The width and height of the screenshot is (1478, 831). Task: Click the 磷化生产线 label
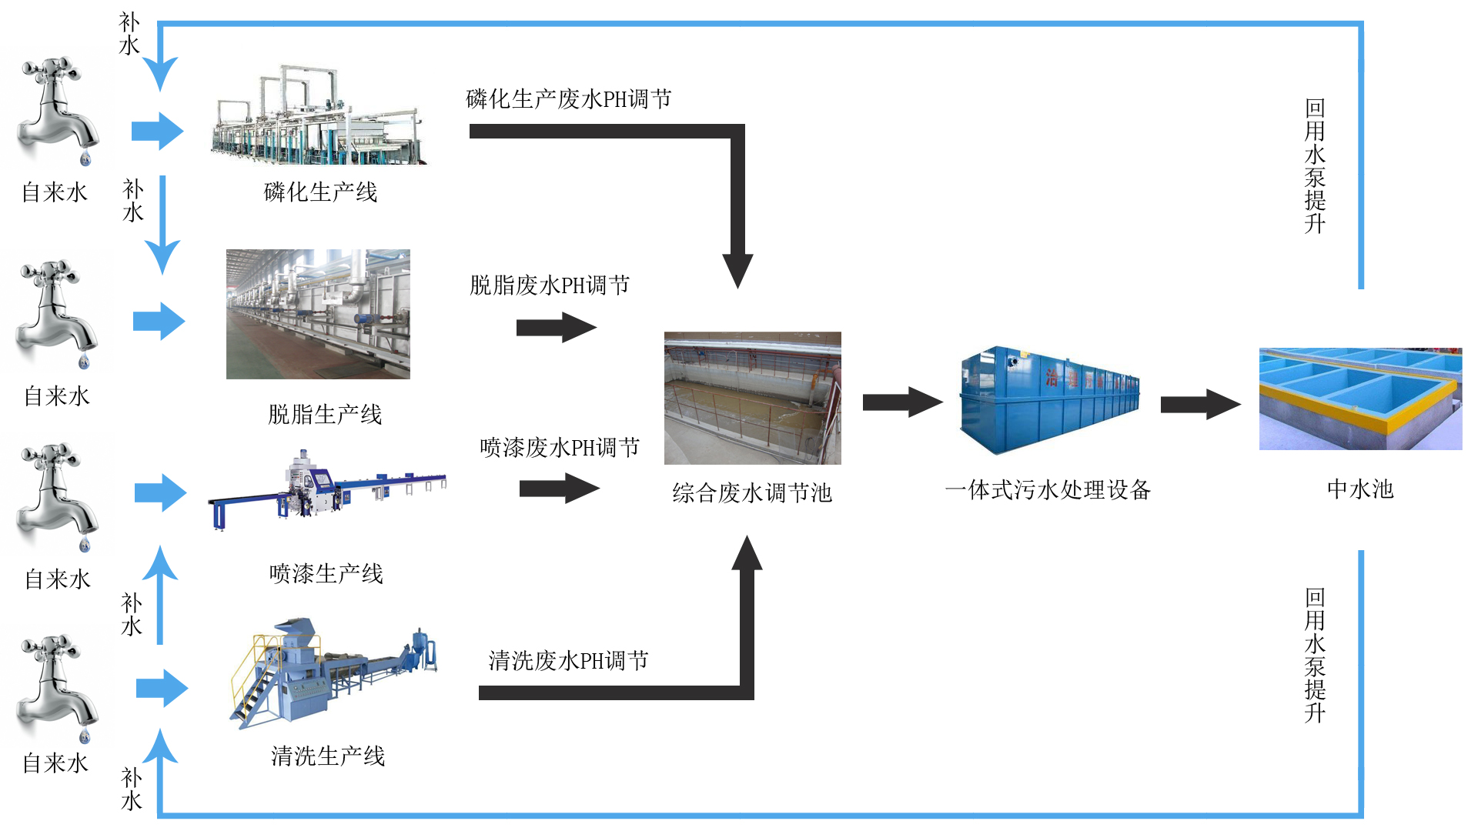(x=320, y=192)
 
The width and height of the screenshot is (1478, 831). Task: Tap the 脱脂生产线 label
(x=325, y=415)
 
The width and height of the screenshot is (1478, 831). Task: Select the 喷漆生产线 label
(x=326, y=574)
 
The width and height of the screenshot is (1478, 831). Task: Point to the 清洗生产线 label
(x=328, y=756)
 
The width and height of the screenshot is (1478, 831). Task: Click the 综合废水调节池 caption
(x=752, y=493)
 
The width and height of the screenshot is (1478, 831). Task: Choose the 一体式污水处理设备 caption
(x=1048, y=490)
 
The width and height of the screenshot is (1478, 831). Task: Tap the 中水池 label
(x=1360, y=489)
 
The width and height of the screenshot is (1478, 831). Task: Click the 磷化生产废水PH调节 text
(x=569, y=99)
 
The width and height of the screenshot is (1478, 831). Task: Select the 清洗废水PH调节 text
(x=568, y=661)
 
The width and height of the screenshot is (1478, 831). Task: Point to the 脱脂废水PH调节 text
(x=550, y=285)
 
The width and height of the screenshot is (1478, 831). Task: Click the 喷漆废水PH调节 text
(x=560, y=448)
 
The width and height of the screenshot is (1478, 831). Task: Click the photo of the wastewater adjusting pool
(x=752, y=398)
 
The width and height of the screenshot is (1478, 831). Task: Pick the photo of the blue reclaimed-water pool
(x=1360, y=399)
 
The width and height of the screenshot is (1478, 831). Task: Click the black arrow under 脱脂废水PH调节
(x=556, y=328)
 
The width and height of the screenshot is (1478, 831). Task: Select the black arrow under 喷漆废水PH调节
(x=559, y=489)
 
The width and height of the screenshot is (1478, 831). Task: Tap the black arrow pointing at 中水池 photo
(x=1200, y=404)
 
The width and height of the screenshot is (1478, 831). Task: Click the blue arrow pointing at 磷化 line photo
(x=157, y=131)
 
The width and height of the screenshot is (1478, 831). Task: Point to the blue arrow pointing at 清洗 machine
(x=162, y=688)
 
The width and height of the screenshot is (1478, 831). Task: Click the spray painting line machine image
(x=327, y=489)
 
